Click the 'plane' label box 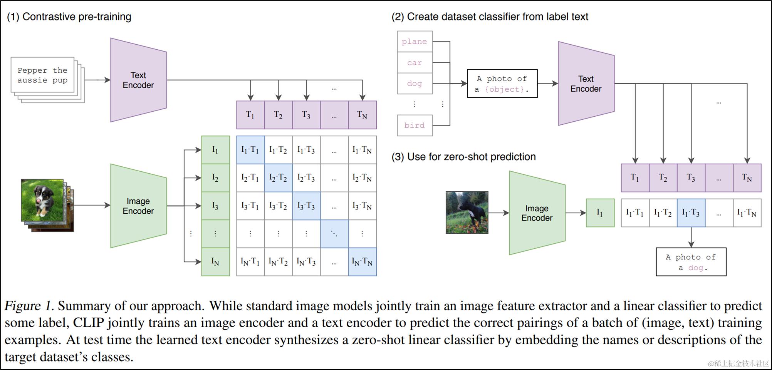[x=415, y=42]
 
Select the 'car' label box [x=415, y=63]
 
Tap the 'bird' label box [x=415, y=126]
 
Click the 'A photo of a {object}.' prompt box [x=502, y=84]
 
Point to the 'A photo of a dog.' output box [x=691, y=262]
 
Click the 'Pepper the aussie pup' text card [x=42, y=75]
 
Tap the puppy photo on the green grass [x=42, y=200]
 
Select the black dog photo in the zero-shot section [x=467, y=213]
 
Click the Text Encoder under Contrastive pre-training [x=139, y=80]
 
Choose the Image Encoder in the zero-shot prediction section [x=537, y=213]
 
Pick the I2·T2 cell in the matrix [x=278, y=178]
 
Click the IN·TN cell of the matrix [x=362, y=262]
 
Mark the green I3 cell [x=215, y=206]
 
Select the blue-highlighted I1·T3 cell [x=691, y=213]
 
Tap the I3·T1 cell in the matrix [x=250, y=206]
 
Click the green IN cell [x=215, y=262]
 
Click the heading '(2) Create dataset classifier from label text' [x=490, y=17]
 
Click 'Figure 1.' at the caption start [x=29, y=306]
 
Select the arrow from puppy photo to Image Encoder [x=92, y=205]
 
